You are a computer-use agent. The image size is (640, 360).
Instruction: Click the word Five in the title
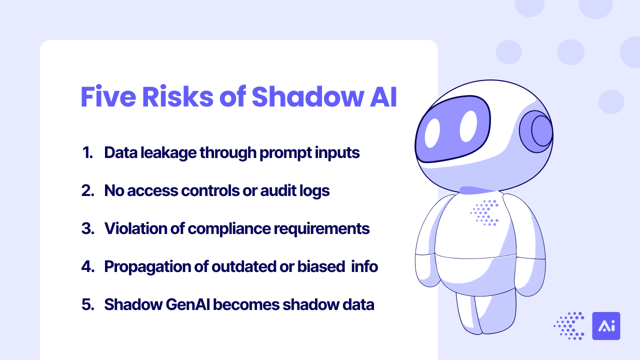[108, 96]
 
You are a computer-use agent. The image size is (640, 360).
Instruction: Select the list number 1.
[87, 152]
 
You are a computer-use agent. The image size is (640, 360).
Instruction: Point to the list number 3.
[87, 228]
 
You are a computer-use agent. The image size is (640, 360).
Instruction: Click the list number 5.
[87, 304]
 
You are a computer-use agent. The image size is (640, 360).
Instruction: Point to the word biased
[321, 266]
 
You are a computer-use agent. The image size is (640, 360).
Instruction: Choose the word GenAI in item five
[187, 304]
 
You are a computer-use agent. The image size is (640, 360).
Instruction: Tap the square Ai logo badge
[606, 326]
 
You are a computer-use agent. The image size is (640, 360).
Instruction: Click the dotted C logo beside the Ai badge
[569, 326]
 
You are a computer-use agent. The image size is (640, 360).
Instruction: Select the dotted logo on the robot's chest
[484, 213]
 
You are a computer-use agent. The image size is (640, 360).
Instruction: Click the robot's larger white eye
[468, 126]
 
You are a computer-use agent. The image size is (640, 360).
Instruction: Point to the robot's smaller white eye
[432, 133]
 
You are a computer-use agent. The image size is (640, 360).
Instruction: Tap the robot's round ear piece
[536, 131]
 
